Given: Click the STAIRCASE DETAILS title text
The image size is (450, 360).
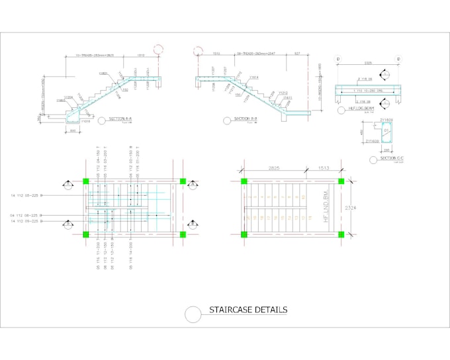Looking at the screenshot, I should [x=248, y=310].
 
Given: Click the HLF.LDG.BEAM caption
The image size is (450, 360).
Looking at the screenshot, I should [x=361, y=109].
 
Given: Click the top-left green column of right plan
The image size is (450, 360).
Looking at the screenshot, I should [x=243, y=181].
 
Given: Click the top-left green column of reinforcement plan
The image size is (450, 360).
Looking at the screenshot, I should [x=85, y=181].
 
